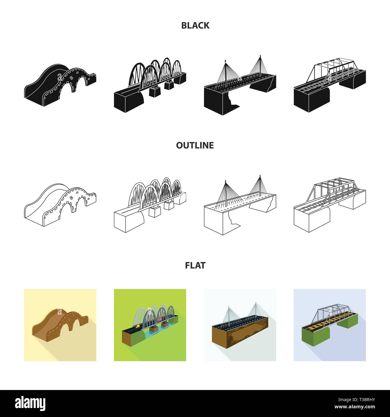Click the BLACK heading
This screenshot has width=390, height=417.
click(x=195, y=25)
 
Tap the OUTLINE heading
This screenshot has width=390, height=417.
click(x=195, y=145)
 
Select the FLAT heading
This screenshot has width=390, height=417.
click(x=195, y=265)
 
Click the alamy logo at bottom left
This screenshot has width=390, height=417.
click(x=30, y=403)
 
